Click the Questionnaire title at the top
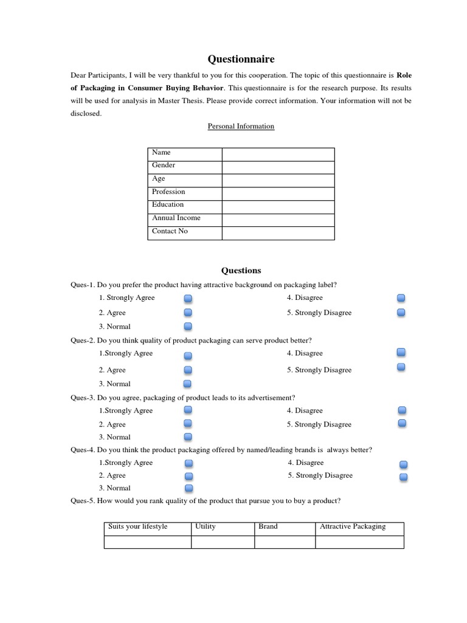coord(241,59)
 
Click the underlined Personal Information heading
coord(241,127)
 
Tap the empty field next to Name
coord(278,154)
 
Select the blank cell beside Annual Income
coord(278,220)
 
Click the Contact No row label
coord(170,231)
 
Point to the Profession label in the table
coord(168,192)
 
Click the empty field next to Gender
coord(278,167)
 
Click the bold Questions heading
coord(241,271)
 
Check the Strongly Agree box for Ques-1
coord(188,299)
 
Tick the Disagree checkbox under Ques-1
coord(401,298)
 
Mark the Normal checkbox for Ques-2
coord(187,384)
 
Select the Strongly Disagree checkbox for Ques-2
coord(401,367)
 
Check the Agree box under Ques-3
coord(188,423)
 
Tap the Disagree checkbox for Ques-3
coord(401,411)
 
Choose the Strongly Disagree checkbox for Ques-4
coord(404,477)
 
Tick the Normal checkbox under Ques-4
coord(189,488)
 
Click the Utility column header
coord(206,527)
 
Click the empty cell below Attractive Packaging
coord(359,541)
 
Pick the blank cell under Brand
coord(285,541)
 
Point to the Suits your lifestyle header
coord(137,527)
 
